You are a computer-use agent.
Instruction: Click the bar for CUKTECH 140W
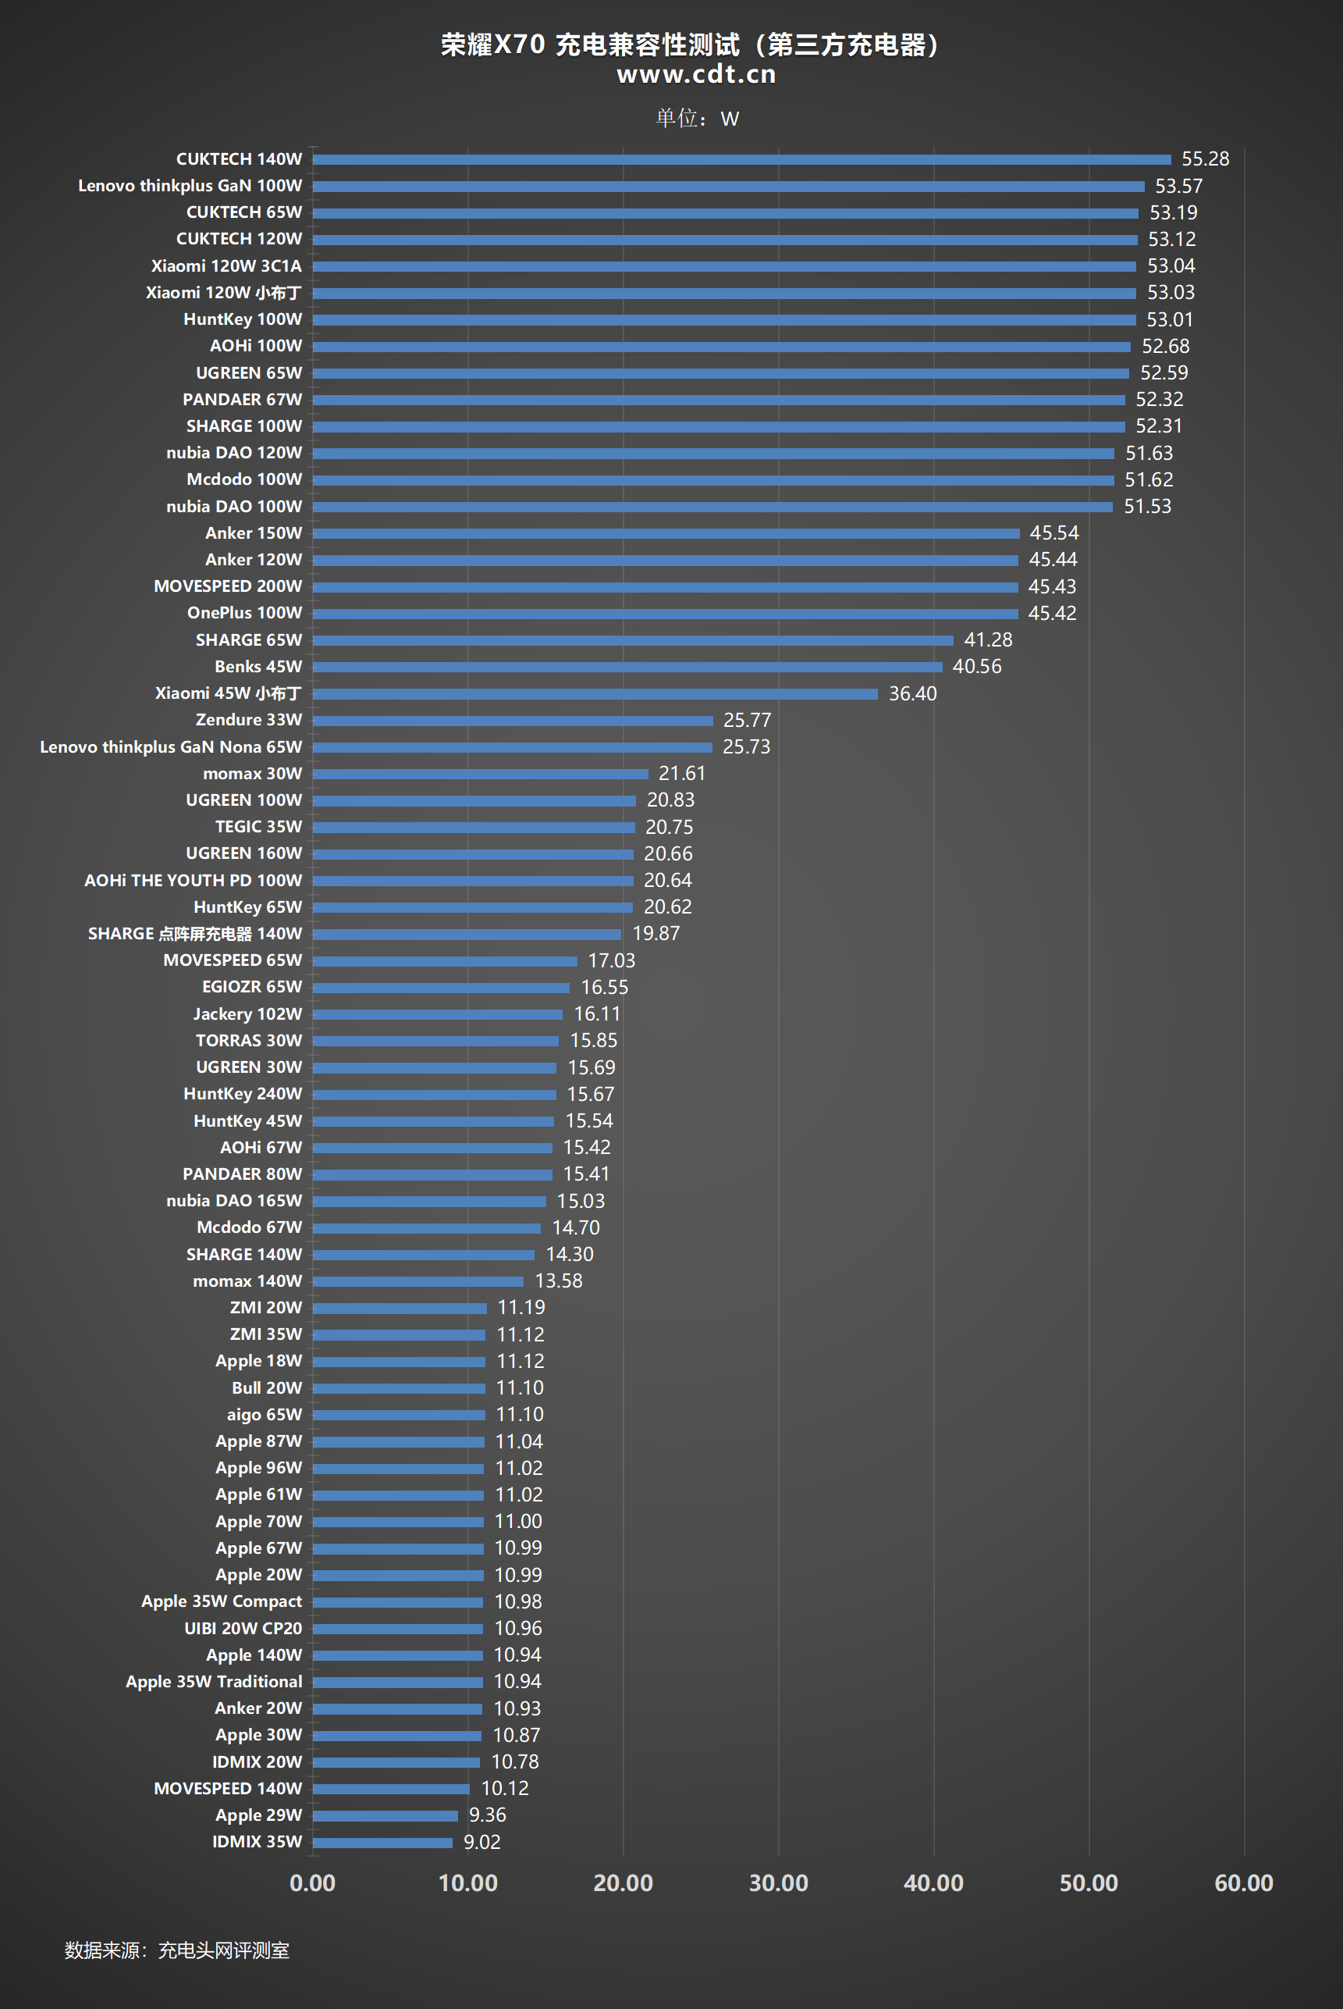pyautogui.click(x=741, y=159)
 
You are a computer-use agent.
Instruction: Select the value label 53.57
pyautogui.click(x=1178, y=186)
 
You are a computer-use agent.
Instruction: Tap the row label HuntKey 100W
pyautogui.click(x=243, y=319)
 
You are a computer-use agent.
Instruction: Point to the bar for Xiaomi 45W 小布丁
pyautogui.click(x=595, y=694)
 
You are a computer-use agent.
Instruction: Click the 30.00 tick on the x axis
pyautogui.click(x=778, y=1883)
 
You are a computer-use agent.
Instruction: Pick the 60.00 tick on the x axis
pyautogui.click(x=1243, y=1883)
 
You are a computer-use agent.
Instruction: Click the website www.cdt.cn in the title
pyautogui.click(x=696, y=74)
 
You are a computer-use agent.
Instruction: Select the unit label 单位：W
pyautogui.click(x=697, y=118)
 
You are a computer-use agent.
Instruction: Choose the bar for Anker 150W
pyautogui.click(x=666, y=534)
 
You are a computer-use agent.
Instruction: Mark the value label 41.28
pyautogui.click(x=988, y=640)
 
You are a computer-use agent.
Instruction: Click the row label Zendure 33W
pyautogui.click(x=248, y=720)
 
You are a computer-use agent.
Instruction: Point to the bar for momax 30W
pyautogui.click(x=480, y=774)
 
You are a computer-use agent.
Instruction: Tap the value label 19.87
pyautogui.click(x=656, y=934)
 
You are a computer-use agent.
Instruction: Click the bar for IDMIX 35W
pyautogui.click(x=382, y=1842)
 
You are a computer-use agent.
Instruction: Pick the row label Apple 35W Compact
pyautogui.click(x=221, y=1601)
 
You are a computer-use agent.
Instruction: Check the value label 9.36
pyautogui.click(x=488, y=1815)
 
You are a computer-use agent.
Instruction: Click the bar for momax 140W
pyautogui.click(x=418, y=1281)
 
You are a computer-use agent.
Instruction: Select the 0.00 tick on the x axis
pyautogui.click(x=313, y=1883)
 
